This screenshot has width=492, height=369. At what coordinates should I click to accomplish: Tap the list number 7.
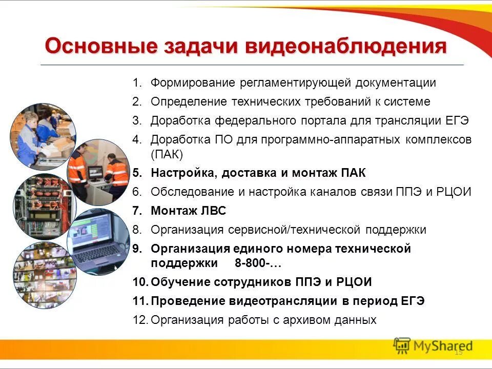[136, 211]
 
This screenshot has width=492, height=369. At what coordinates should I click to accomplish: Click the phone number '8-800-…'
[258, 263]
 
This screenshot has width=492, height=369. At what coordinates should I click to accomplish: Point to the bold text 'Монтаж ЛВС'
[188, 211]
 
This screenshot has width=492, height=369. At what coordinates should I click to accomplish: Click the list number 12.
[140, 320]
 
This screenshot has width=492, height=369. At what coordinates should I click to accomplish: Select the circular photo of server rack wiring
[43, 204]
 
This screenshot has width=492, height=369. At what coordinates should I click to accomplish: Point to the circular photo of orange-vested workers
[98, 171]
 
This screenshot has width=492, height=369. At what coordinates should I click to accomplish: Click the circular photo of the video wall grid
[44, 274]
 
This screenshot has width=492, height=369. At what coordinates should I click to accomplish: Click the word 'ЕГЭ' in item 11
[413, 301]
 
